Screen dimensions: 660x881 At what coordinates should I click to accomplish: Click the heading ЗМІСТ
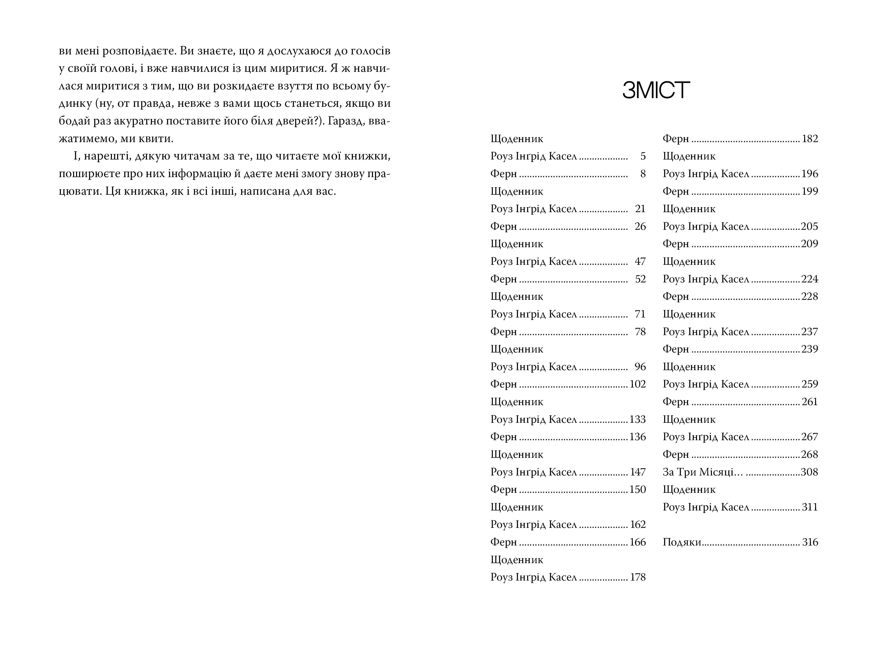point(656,90)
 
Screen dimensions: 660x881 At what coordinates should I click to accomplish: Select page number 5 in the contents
point(643,156)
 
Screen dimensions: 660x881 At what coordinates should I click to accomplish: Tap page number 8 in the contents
point(643,174)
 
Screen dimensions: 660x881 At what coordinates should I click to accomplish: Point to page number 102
point(637,384)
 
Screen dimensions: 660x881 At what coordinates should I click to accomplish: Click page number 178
point(637,577)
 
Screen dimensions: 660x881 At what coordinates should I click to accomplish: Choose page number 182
point(810,139)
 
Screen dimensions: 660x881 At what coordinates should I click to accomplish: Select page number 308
point(809,472)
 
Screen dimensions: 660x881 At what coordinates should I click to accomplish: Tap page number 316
point(810,542)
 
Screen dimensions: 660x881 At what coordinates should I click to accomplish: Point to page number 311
point(810,507)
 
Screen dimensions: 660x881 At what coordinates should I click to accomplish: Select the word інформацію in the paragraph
point(197,174)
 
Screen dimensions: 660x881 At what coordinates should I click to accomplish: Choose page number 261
point(810,402)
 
